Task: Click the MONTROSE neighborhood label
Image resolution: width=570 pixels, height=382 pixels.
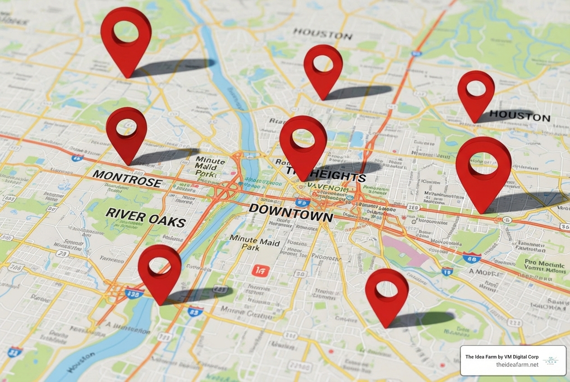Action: coord(127,178)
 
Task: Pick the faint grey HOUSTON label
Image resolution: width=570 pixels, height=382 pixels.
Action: coord(322,34)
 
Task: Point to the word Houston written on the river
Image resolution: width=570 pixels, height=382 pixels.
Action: coord(81,362)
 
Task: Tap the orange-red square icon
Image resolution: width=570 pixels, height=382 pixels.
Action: coord(260,270)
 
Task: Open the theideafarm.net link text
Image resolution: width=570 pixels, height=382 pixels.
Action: coord(517,365)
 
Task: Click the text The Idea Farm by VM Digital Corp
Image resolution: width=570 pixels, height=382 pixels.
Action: coord(501,357)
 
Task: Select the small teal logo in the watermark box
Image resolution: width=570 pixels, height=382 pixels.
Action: coord(551,360)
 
